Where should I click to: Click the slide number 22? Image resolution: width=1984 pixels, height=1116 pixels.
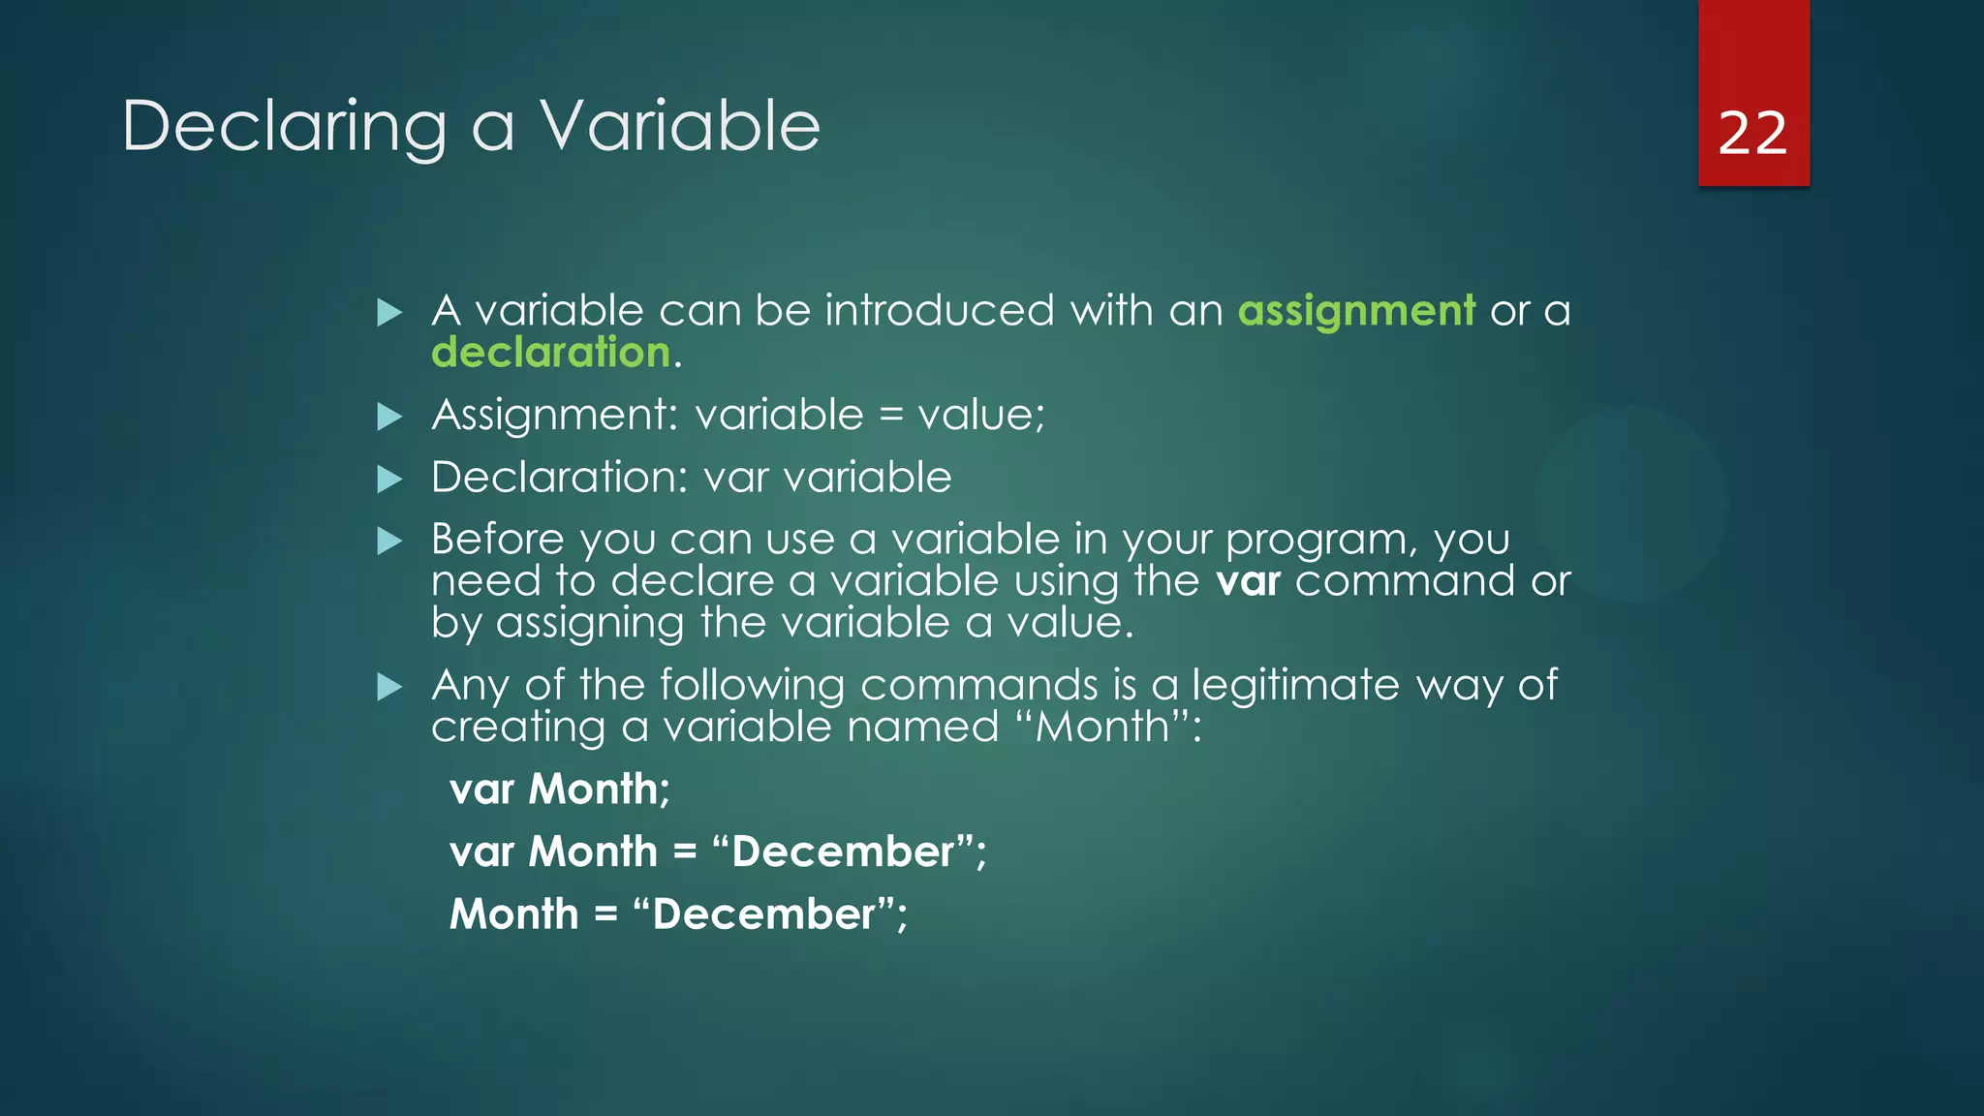tap(1751, 133)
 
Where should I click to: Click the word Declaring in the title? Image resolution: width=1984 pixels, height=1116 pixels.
tap(284, 127)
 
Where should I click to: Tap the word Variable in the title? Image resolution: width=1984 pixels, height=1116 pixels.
tap(680, 127)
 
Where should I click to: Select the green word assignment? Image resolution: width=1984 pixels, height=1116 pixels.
tap(1356, 312)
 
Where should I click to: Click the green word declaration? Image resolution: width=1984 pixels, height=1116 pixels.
tap(550, 353)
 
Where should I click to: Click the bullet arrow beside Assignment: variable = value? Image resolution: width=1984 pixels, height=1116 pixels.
tap(389, 418)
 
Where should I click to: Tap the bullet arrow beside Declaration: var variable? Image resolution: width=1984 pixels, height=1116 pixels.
tap(389, 480)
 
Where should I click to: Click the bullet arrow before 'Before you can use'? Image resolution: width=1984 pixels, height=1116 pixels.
tap(389, 542)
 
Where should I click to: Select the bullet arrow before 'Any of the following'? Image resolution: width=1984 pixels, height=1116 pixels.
tap(389, 688)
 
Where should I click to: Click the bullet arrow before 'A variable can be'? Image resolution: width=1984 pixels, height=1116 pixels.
tap(389, 313)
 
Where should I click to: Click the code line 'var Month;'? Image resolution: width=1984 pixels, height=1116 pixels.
tap(560, 790)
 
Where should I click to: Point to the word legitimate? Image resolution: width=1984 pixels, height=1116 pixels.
tap(1295, 686)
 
